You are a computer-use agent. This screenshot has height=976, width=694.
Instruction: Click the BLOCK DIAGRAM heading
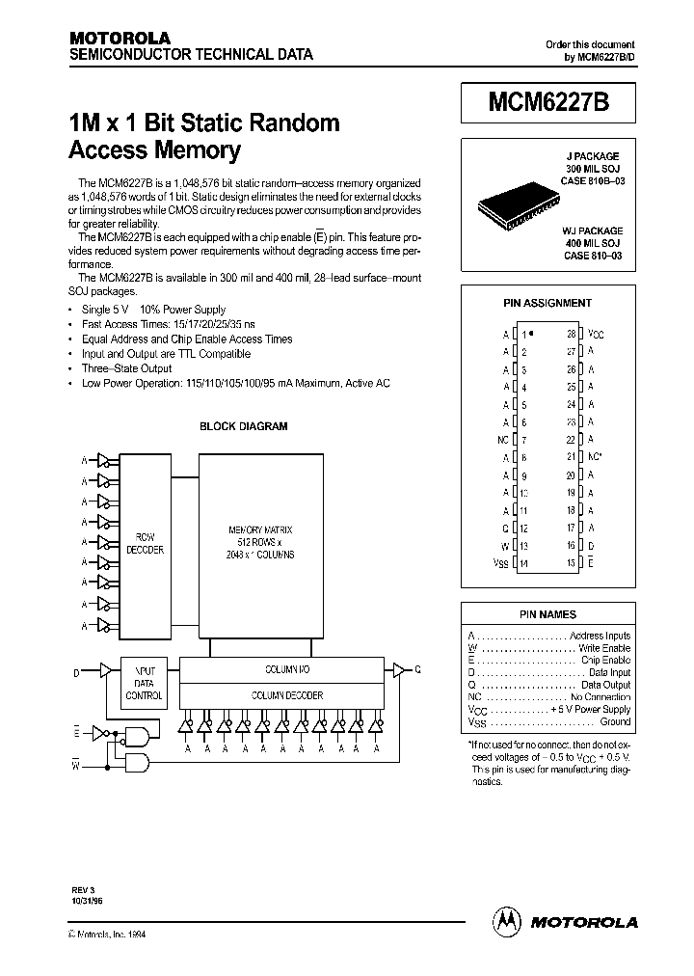(x=243, y=426)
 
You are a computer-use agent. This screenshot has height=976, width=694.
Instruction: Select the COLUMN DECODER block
(x=287, y=695)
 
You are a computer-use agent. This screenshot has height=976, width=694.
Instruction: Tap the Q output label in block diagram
(x=417, y=669)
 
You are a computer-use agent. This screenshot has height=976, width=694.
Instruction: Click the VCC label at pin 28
(x=596, y=334)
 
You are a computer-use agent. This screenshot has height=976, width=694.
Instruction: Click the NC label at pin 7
(x=501, y=439)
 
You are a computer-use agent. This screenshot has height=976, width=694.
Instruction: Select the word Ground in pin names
(x=615, y=721)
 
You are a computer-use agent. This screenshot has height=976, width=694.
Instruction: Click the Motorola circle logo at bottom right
(x=507, y=921)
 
